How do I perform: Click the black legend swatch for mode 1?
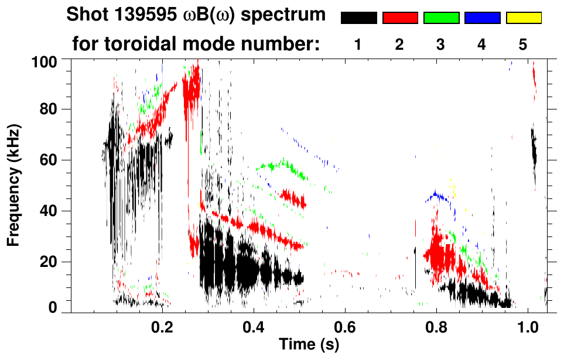click(x=359, y=18)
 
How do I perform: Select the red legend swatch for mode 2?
click(x=400, y=18)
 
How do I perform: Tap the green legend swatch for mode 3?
click(x=441, y=18)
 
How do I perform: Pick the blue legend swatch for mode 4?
click(x=482, y=18)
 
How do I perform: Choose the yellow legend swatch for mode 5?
click(x=524, y=18)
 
